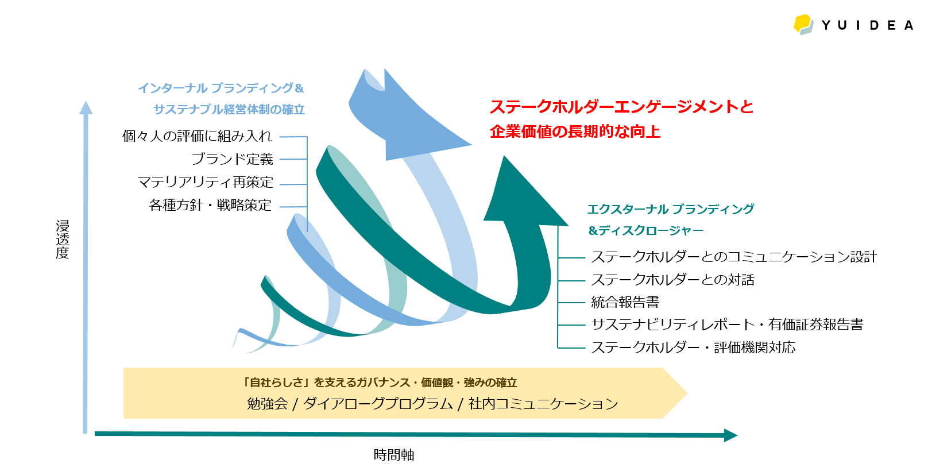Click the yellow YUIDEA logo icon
coord(804,24)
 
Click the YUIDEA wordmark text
coord(867,25)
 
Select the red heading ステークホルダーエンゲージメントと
coord(621,107)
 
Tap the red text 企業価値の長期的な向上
coord(575,132)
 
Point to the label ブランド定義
coord(232,159)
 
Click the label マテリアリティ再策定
coord(205,182)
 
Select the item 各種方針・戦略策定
coord(210,205)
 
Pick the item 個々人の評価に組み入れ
coord(197,136)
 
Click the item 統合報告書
coord(625,302)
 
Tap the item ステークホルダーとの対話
coord(672,280)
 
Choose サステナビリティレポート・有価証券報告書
coord(727,325)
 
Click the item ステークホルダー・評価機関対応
coord(693,347)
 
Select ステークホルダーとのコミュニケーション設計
coord(733,257)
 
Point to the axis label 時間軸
coord(394,455)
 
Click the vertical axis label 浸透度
coord(63,239)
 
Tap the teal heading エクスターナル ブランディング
coord(670,209)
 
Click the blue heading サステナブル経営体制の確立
coord(229,109)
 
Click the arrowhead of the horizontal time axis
coord(730,435)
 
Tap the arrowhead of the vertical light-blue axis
coord(86,107)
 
